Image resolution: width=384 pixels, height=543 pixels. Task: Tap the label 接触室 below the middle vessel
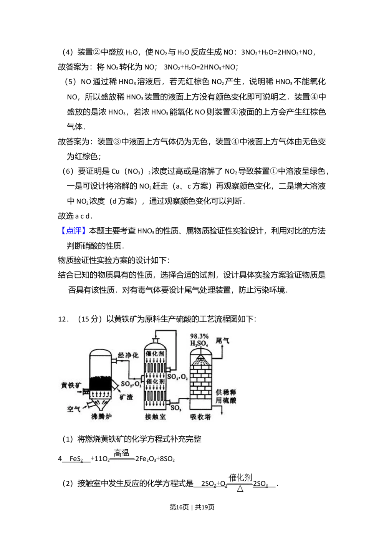(156, 417)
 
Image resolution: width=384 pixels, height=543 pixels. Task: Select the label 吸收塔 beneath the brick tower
(200, 417)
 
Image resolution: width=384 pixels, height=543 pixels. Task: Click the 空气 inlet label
(74, 409)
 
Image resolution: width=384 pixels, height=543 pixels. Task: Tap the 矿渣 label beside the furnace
(126, 397)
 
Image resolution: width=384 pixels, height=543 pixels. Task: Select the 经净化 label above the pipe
(128, 356)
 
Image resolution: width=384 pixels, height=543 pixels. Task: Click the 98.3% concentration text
(199, 336)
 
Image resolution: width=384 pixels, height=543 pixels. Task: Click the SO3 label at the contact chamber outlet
(175, 408)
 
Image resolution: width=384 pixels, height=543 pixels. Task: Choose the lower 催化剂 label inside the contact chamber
(155, 381)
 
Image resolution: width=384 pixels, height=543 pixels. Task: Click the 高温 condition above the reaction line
(122, 454)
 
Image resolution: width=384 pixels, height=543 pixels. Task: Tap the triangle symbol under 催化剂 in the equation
(240, 489)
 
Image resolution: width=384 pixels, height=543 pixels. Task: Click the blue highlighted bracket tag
(73, 231)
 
